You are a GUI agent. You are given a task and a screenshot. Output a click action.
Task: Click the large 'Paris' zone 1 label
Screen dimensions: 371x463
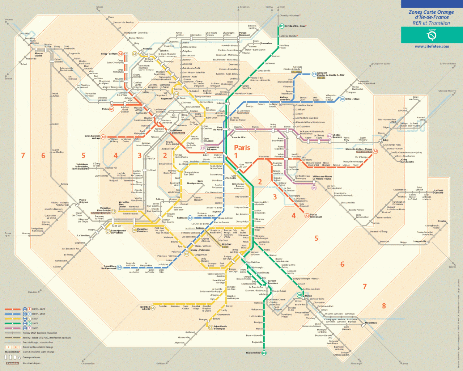coord(242,147)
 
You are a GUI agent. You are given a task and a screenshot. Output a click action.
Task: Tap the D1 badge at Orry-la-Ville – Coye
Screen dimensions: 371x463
coord(282,26)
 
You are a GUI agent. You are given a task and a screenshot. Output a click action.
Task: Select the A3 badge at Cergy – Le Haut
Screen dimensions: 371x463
coord(120,54)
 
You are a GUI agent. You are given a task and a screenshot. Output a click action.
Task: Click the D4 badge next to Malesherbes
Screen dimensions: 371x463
coord(264,353)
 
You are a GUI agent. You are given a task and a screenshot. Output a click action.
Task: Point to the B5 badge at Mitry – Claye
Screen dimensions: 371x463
coord(342,99)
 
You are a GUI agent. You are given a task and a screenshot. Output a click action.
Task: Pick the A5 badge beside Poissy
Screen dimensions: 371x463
coord(112,109)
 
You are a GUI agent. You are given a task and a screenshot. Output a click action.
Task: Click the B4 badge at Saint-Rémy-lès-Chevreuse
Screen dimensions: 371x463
coord(119,267)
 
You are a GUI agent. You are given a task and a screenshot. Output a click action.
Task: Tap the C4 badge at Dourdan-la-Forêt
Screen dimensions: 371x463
coord(153,308)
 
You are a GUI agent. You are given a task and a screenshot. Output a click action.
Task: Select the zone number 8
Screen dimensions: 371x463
coord(384,306)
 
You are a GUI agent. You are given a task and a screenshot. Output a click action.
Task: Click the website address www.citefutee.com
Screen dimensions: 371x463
coord(432,46)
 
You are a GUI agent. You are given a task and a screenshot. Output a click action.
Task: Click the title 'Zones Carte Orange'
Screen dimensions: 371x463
coord(431,12)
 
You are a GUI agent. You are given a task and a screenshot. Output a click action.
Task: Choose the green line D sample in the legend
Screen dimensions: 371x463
coord(13,323)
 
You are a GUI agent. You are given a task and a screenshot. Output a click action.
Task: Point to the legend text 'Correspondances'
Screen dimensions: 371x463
coord(31,357)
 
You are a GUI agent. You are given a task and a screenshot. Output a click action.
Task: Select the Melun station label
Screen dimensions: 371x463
coord(308,296)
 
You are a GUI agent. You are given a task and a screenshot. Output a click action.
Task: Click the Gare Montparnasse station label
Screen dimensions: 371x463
coord(195,182)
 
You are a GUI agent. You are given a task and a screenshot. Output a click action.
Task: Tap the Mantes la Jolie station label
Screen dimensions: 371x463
coord(39,55)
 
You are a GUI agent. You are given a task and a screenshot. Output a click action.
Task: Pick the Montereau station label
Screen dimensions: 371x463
coord(371,322)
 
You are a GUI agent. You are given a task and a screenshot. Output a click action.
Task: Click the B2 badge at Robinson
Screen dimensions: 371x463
coord(190,218)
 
